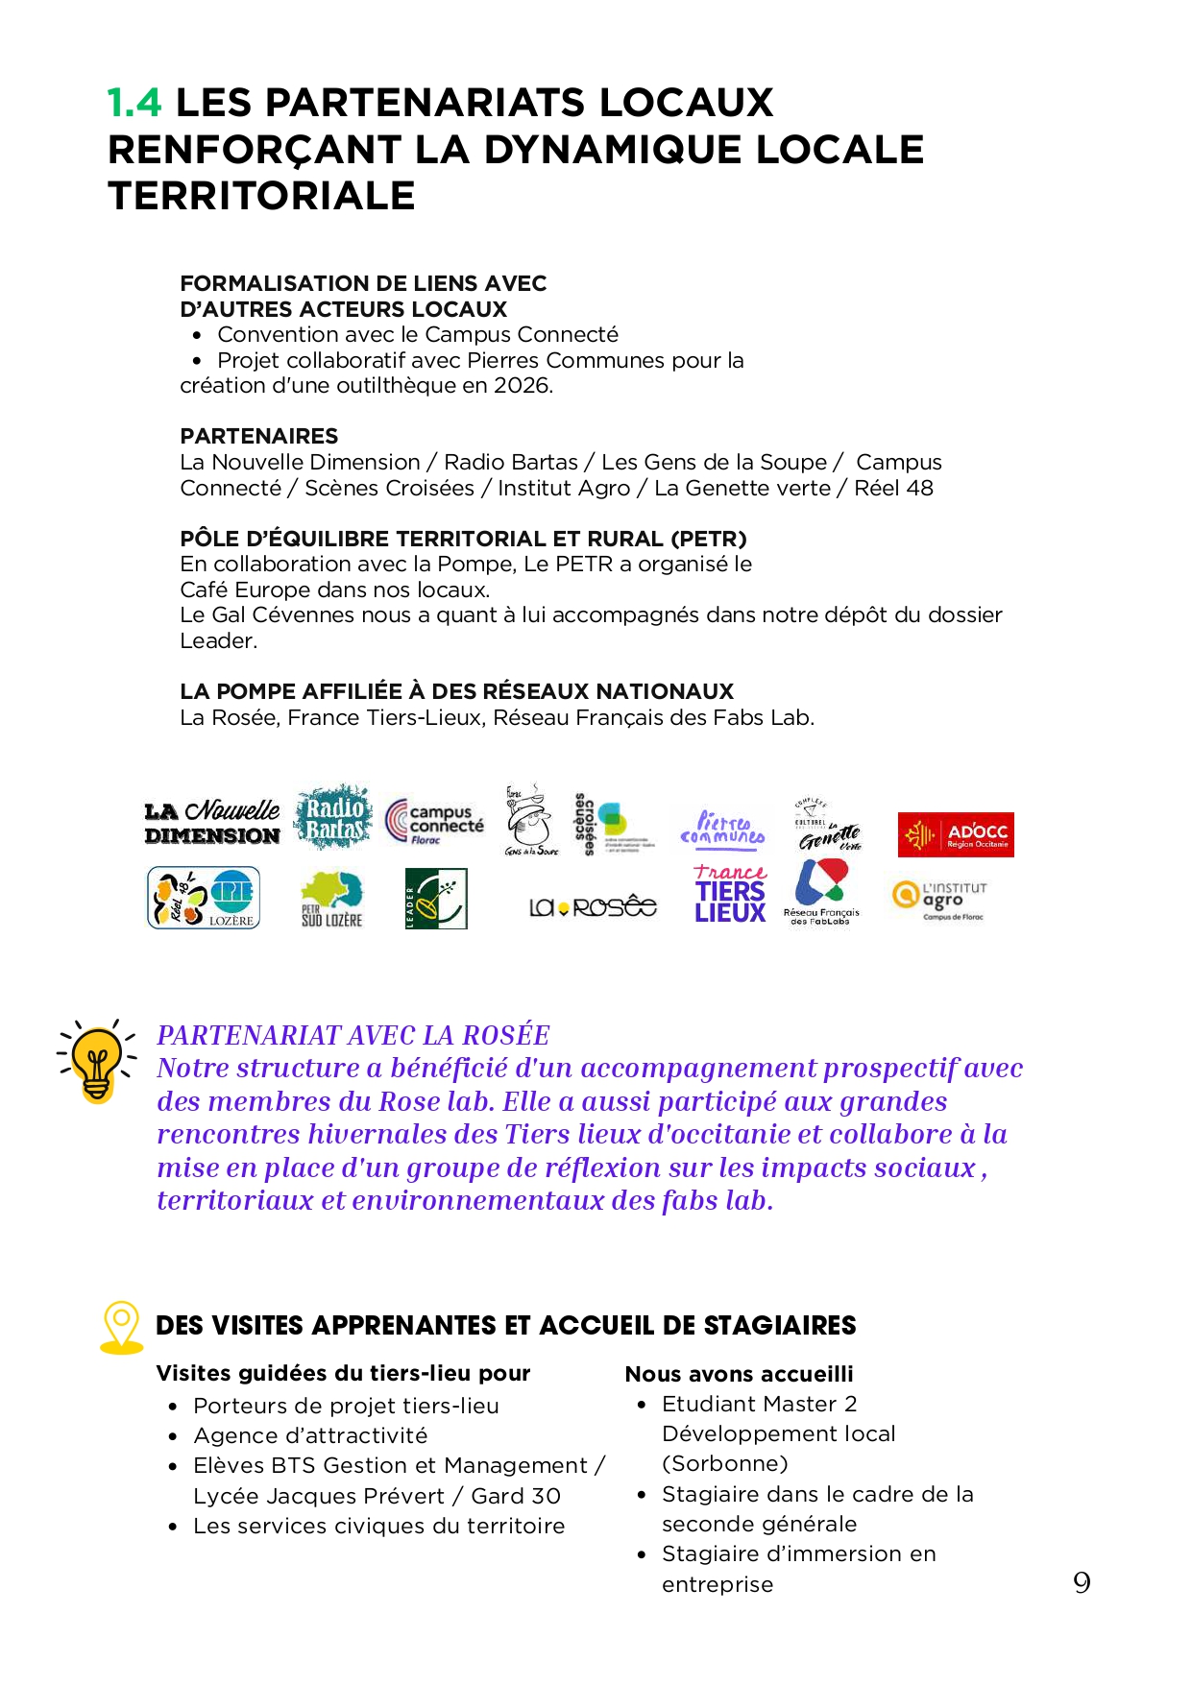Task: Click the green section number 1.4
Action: click(134, 103)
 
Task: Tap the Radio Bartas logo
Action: click(333, 817)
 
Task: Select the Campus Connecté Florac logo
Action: click(434, 823)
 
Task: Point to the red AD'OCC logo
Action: click(955, 834)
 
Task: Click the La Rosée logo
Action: click(593, 906)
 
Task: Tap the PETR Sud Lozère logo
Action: click(331, 900)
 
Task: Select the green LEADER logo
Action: click(436, 899)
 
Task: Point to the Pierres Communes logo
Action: click(722, 828)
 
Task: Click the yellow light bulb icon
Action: click(96, 1061)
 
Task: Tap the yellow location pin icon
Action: click(122, 1327)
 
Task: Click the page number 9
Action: click(1082, 1583)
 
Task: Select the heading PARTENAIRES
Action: click(259, 436)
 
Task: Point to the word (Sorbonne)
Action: click(724, 1463)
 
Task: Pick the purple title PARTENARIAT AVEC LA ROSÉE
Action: click(353, 1035)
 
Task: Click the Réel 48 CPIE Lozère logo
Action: click(204, 898)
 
